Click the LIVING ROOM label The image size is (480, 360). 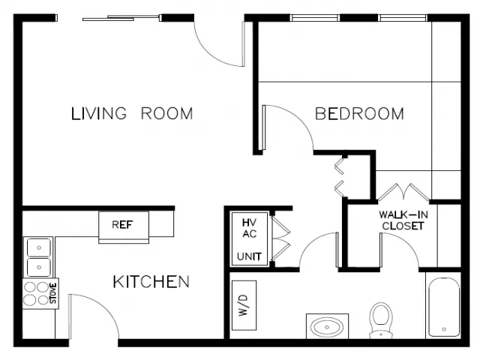(x=132, y=113)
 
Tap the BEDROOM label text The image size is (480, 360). (x=359, y=113)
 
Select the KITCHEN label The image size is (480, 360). (x=151, y=282)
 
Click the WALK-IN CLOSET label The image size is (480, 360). (x=403, y=220)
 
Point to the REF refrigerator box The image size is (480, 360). (x=124, y=226)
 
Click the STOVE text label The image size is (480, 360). (x=53, y=293)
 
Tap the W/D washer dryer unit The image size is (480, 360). (x=244, y=305)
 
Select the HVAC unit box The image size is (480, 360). (x=250, y=238)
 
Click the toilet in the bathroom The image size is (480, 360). (x=381, y=320)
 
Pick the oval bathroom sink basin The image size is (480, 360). (x=327, y=327)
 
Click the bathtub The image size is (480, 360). (x=444, y=307)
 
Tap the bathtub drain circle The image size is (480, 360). (x=444, y=329)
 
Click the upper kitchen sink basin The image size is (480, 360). (x=39, y=247)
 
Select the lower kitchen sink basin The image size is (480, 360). (x=39, y=267)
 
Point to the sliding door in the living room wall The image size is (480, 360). (x=121, y=18)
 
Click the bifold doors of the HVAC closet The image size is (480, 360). (x=280, y=238)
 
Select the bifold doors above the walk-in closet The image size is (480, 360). (x=403, y=192)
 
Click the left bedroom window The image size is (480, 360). (x=315, y=18)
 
